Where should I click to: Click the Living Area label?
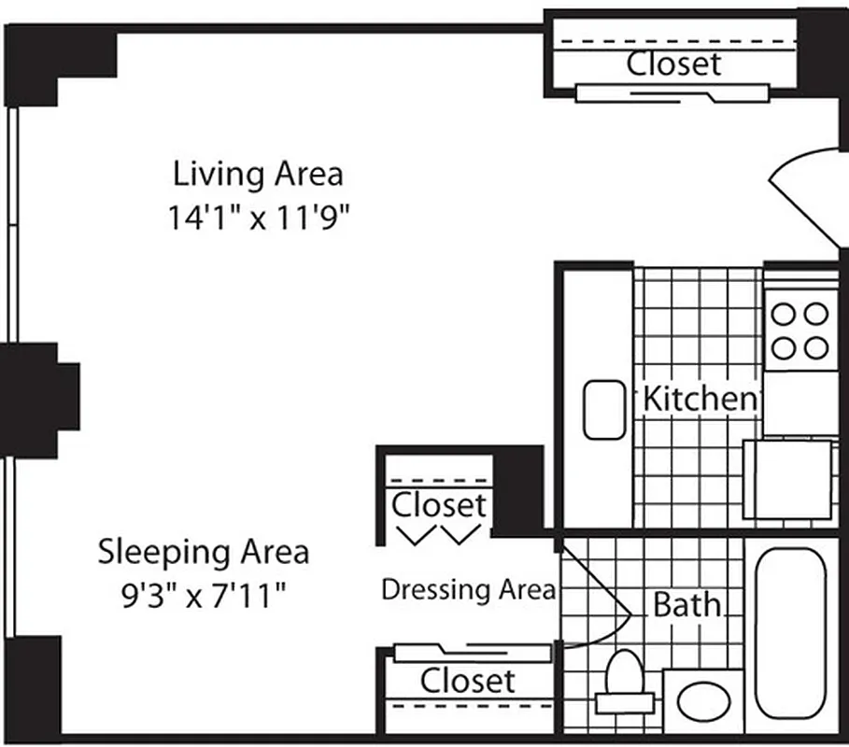click(x=259, y=174)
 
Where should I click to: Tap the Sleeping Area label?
click(x=204, y=551)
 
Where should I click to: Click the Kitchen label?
click(x=699, y=399)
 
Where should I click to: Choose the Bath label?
click(x=686, y=605)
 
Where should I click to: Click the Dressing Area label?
click(x=468, y=589)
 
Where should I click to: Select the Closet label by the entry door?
click(x=673, y=63)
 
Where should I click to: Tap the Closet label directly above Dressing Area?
click(x=439, y=505)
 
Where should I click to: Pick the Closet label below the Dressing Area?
click(x=467, y=681)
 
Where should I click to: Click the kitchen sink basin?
click(x=603, y=409)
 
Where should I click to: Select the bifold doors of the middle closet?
click(x=439, y=534)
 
